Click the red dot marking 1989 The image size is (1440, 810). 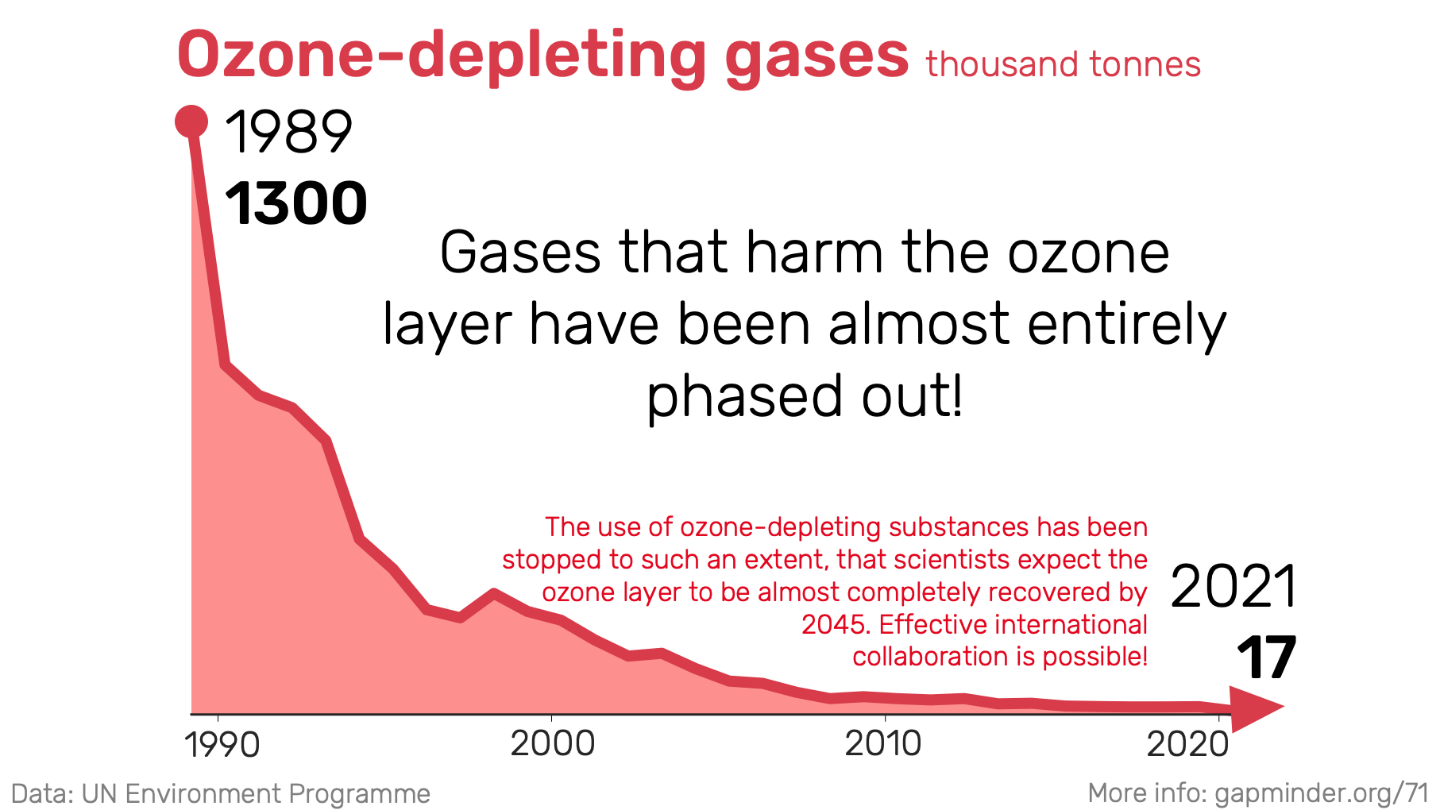point(191,122)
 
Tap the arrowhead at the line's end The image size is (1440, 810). point(1257,708)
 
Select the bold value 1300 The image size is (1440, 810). point(296,203)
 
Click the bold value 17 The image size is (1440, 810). point(1266,658)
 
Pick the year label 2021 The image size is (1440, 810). point(1233,587)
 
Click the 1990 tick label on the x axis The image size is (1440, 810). point(222,745)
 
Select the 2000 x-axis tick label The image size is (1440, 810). point(552,744)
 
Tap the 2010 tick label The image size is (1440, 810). point(883,744)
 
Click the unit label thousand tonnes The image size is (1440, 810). point(1063,64)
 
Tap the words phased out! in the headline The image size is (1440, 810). point(805,396)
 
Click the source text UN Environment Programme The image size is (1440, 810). point(256,793)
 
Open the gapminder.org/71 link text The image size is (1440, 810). point(1322,793)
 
